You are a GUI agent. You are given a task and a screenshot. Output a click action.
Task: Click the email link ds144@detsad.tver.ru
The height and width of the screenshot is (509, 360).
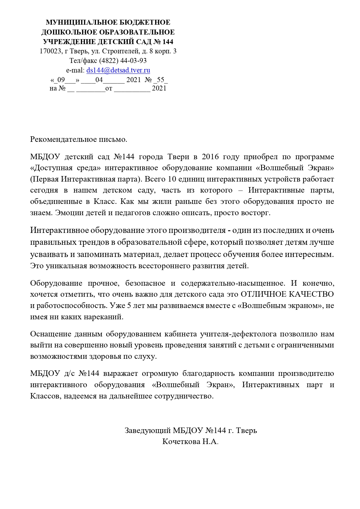118,70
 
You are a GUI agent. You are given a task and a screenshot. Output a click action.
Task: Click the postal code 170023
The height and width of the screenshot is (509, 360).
50,51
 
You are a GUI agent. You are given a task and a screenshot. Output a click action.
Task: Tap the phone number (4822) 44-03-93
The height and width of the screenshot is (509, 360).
123,61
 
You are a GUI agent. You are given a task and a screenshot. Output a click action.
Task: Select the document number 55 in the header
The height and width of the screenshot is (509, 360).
160,79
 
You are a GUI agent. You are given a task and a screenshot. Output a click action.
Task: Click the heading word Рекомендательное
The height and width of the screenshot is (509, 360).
64,140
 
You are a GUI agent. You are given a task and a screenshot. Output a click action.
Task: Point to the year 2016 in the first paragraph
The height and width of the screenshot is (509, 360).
210,157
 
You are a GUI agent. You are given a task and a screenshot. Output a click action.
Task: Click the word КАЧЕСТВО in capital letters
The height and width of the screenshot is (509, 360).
311,294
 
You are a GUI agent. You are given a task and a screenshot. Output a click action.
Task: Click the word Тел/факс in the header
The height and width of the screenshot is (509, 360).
83,61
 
